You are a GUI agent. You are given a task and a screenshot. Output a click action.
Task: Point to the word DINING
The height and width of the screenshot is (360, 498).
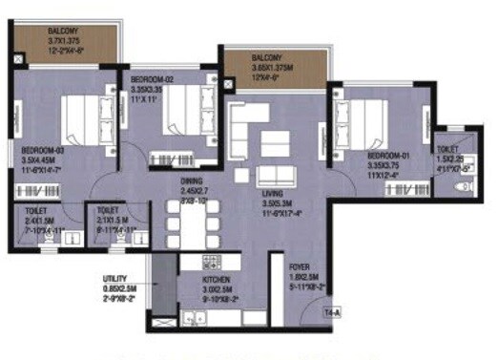coord(194,180)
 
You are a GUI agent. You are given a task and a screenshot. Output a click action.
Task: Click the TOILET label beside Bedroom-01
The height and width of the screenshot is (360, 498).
coord(447,149)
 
